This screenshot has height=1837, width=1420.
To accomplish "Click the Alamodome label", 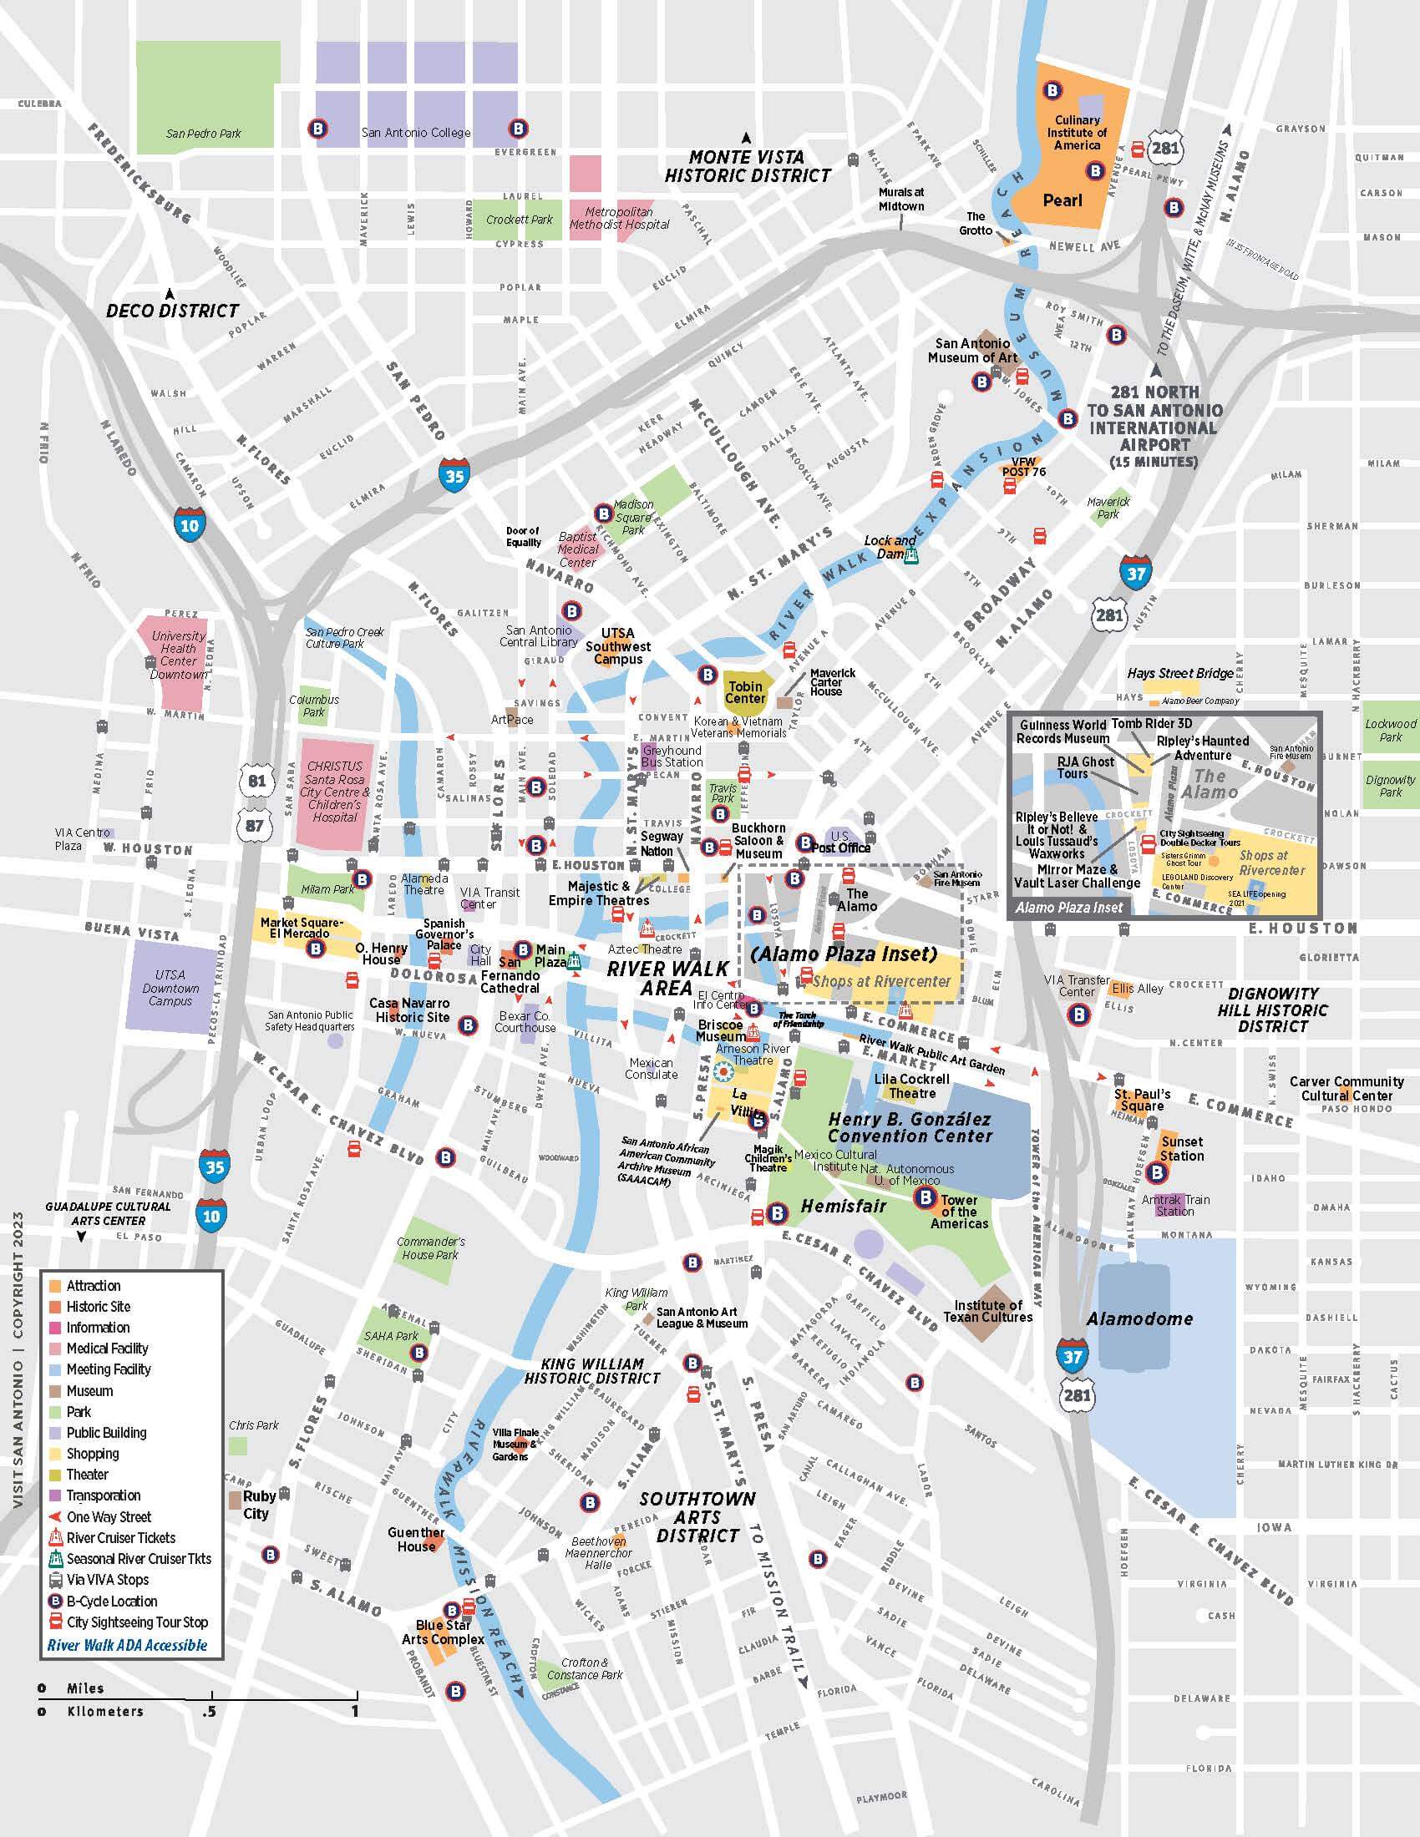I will point(1139,1318).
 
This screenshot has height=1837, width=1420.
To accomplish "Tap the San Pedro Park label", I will point(204,133).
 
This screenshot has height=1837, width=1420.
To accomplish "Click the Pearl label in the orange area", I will point(1062,200).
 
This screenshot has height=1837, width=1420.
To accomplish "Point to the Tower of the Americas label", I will point(959,1212).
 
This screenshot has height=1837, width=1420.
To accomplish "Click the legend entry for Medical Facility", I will point(107,1349).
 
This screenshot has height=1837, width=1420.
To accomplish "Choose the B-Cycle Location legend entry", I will point(111,1602).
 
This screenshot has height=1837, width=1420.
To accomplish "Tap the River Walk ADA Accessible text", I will point(127,1645).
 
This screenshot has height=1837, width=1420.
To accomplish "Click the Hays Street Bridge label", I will point(1180,673).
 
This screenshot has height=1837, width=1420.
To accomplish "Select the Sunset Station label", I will point(1182,1149).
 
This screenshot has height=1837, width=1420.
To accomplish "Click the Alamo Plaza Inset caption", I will point(1068,908).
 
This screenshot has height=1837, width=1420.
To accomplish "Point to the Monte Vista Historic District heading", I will point(747,166).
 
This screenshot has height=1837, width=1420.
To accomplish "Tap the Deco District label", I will point(172,311).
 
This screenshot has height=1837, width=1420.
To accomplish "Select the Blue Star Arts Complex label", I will point(443,1632).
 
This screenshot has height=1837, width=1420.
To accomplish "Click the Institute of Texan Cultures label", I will point(987,1310).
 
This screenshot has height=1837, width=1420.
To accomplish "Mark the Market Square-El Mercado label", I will point(302,928).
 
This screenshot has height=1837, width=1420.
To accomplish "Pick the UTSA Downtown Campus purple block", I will point(170,989).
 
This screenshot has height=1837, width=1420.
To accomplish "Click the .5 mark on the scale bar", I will point(209,1711).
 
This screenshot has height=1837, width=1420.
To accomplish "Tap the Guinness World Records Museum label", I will point(1062,731).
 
